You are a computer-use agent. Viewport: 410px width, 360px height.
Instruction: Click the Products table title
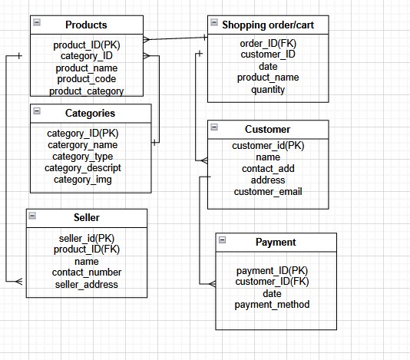click(86, 25)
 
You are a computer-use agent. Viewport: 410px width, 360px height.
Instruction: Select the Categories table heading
click(90, 114)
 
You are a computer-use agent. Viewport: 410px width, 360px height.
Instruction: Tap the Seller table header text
click(86, 218)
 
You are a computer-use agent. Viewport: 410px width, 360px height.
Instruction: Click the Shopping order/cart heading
click(268, 25)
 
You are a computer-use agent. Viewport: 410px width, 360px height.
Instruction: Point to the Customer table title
click(267, 129)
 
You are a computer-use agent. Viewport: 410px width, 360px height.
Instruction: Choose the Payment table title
click(275, 243)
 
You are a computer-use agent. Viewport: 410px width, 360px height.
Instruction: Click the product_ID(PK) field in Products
click(86, 45)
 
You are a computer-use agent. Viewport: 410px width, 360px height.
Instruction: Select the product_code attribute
click(86, 79)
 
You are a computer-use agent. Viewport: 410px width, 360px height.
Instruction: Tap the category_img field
click(82, 180)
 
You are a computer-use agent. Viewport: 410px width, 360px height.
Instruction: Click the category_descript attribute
click(82, 168)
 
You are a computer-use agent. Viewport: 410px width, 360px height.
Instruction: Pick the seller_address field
click(86, 284)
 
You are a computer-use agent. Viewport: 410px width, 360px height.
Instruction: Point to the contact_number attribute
click(86, 272)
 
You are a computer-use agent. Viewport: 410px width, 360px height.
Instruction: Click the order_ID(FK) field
click(267, 43)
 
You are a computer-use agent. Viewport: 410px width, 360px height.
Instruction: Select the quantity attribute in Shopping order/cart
click(267, 89)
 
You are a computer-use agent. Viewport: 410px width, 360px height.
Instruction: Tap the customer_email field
click(267, 192)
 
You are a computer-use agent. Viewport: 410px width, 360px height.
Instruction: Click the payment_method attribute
click(272, 305)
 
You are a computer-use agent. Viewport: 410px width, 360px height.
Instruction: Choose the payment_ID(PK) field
click(272, 270)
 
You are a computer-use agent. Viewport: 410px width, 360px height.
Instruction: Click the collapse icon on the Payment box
click(222, 240)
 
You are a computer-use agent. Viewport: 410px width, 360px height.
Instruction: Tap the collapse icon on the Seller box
click(33, 216)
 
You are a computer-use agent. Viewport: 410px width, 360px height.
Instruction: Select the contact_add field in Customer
click(267, 169)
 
